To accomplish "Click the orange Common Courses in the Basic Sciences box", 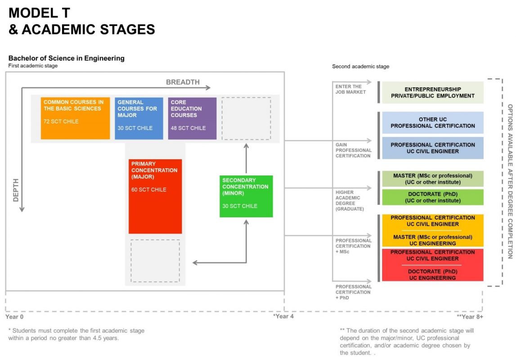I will pos(75,118).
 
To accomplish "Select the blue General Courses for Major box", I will pos(139,118).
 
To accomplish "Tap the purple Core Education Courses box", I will pos(192,118).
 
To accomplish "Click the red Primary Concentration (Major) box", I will pos(155,196).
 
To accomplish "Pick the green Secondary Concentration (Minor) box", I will pos(246,196).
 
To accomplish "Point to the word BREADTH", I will pos(183,82).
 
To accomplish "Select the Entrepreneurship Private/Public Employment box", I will pos(433,92).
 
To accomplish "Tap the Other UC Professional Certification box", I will pos(433,123).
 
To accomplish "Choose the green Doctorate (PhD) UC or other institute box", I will pos(433,197).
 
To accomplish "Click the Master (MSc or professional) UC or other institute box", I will pos(433,179).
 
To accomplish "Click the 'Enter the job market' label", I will pos(349,89).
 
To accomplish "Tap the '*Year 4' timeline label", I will pos(283,316).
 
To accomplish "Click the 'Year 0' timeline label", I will pos(14,316).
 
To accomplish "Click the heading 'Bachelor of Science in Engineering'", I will pos(66,58).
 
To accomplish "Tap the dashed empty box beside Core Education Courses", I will pos(246,118).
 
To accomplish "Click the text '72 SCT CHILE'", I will pos(61,121).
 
